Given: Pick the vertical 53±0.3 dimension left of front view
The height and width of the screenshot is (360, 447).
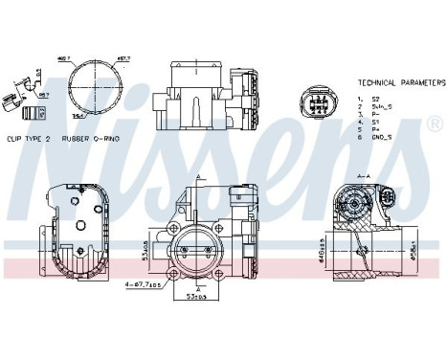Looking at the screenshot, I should tap(145, 250).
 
